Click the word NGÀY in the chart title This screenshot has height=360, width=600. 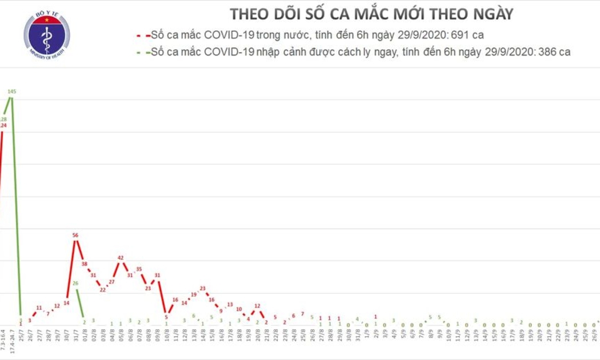click(x=487, y=14)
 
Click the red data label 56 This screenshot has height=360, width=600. click(x=75, y=235)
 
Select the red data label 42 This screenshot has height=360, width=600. click(x=121, y=258)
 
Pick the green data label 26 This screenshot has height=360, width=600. click(x=75, y=283)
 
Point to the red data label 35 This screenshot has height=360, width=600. click(x=139, y=269)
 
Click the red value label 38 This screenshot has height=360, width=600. click(x=85, y=264)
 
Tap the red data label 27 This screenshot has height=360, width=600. click(x=112, y=282)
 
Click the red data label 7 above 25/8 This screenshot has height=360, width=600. click(x=303, y=314)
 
